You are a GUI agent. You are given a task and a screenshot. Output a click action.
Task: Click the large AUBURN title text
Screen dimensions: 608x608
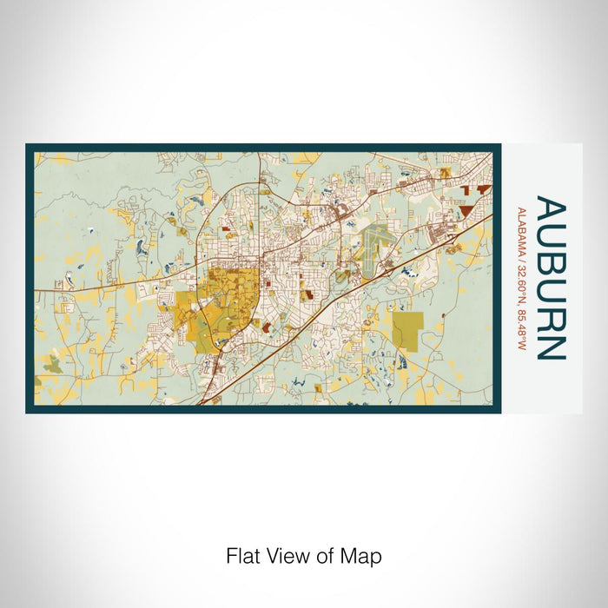(552, 278)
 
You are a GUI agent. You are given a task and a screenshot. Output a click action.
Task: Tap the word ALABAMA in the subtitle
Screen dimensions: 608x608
(521, 228)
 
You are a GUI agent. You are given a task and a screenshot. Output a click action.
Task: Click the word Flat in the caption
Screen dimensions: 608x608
(243, 555)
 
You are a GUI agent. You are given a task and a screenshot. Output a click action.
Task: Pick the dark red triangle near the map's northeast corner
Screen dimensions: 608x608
(470, 209)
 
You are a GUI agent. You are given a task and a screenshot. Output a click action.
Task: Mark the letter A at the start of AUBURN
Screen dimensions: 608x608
(552, 212)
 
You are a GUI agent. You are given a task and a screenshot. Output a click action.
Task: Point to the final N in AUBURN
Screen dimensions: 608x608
(552, 346)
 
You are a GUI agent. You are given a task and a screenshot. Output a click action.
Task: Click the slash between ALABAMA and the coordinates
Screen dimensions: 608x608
(521, 253)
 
